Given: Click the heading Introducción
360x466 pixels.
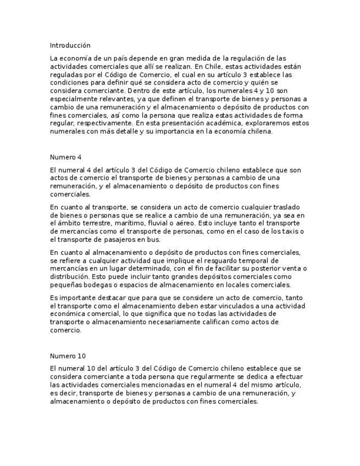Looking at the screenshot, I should point(70,45).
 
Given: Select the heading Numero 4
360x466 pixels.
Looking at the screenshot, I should point(65,157).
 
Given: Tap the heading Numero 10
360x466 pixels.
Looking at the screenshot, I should point(68,356).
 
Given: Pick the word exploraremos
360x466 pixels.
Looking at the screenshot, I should point(267,124).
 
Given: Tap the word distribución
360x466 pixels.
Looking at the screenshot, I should point(69,276).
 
